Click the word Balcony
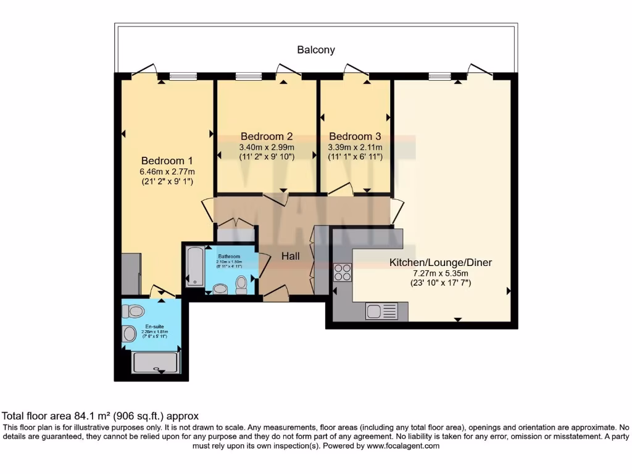tap(316, 50)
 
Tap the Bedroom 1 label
tap(167, 160)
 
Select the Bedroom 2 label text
tap(267, 136)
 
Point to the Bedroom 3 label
tap(355, 136)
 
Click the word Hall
tap(291, 256)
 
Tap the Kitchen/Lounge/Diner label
tap(440, 262)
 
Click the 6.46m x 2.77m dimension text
tap(167, 172)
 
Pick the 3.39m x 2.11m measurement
tap(355, 148)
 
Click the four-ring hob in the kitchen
tap(342, 273)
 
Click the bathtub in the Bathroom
tap(194, 267)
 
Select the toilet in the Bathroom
tap(241, 285)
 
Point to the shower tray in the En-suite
tap(157, 362)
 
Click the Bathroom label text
tap(228, 256)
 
